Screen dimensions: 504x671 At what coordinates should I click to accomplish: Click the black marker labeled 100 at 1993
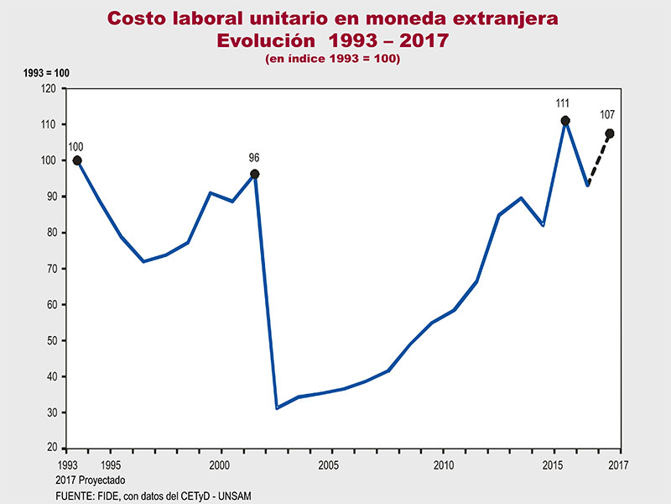(x=77, y=160)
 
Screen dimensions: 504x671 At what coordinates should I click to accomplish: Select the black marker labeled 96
(x=255, y=174)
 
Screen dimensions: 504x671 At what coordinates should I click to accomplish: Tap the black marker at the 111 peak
(x=565, y=121)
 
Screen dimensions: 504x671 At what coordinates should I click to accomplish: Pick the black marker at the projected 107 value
(x=610, y=134)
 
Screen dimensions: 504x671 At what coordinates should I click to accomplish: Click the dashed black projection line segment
(x=599, y=158)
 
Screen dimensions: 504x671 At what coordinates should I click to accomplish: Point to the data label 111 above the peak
(x=562, y=103)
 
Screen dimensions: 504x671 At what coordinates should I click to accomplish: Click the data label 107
(x=608, y=115)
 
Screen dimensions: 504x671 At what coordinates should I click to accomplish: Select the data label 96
(x=255, y=157)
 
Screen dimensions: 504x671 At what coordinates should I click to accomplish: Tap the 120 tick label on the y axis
(x=48, y=88)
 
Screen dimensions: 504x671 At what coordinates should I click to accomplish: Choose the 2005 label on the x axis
(x=329, y=464)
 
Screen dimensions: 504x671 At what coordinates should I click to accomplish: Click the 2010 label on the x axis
(x=443, y=464)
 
